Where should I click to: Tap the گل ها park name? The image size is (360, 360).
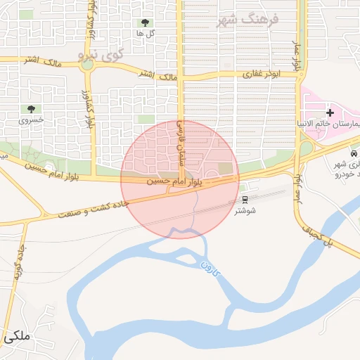pyautogui.click(x=146, y=34)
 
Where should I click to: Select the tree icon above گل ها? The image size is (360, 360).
pyautogui.click(x=146, y=23)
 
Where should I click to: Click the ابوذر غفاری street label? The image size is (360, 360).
pyautogui.click(x=257, y=73)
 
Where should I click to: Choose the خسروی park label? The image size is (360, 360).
pyautogui.click(x=31, y=120)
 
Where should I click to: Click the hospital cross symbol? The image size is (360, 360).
pyautogui.click(x=330, y=112)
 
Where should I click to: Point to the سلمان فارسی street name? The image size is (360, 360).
pyautogui.click(x=180, y=141)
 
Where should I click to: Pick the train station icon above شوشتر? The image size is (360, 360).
pyautogui.click(x=245, y=199)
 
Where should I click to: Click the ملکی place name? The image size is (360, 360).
pyautogui.click(x=17, y=337)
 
